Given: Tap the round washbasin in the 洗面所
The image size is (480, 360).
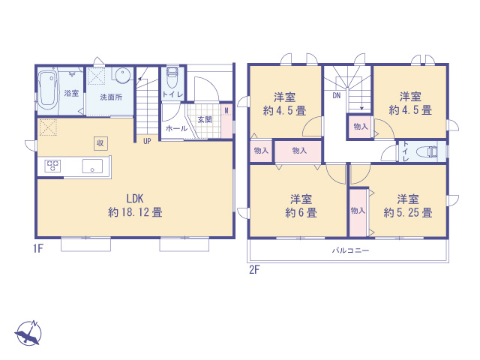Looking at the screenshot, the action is [123, 74].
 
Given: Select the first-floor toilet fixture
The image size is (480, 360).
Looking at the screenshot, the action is [172, 76].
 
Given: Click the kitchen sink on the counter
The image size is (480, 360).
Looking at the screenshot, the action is [92, 166].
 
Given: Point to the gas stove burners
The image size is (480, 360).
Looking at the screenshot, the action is [52, 166].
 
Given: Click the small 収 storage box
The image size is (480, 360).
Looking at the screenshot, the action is [100, 143].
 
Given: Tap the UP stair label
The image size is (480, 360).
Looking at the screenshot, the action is [147, 141].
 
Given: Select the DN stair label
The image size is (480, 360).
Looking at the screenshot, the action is [337, 95].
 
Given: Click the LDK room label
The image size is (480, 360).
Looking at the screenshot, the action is [135, 199].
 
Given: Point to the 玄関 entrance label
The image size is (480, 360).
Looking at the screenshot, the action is [205, 119].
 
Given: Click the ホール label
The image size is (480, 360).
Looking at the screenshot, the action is [177, 128].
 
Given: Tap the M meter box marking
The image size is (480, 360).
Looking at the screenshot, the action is [226, 110].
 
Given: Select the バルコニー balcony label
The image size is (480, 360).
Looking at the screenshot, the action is [350, 250].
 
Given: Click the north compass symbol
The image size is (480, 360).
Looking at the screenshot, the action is [28, 333].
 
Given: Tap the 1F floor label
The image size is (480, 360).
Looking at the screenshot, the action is [38, 248].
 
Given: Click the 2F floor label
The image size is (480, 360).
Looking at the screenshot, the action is [254, 270].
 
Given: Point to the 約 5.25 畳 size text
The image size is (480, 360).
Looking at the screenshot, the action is [408, 212].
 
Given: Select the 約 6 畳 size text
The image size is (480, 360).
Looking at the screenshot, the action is [301, 212].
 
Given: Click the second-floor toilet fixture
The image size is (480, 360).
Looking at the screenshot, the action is [427, 151].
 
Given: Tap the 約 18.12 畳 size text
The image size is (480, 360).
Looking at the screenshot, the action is [135, 212].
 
